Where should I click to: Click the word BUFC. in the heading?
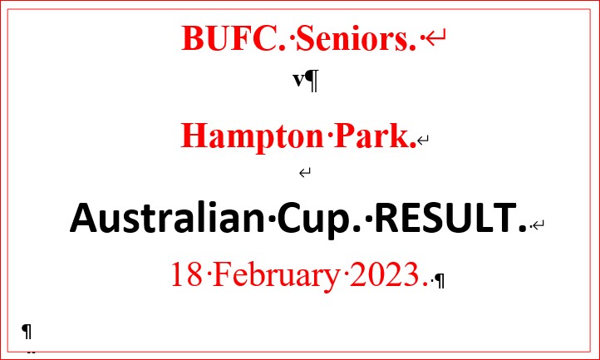234,38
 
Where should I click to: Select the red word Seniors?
356,38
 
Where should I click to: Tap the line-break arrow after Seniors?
435,38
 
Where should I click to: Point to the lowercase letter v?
298,80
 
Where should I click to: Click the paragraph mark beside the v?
312,81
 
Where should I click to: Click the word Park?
375,136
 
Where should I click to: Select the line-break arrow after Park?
423,141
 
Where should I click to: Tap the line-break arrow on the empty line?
305,173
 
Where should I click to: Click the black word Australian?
167,217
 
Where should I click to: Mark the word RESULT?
450,217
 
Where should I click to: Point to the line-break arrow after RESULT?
539,224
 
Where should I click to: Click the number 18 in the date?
186,274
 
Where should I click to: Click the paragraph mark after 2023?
440,281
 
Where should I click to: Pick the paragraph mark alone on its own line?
27,331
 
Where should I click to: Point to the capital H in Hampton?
194,136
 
